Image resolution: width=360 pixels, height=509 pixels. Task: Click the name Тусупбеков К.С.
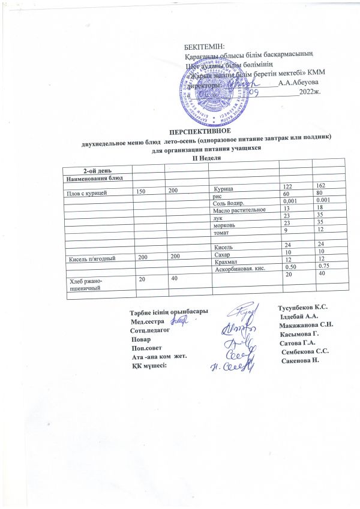pos(303,308)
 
